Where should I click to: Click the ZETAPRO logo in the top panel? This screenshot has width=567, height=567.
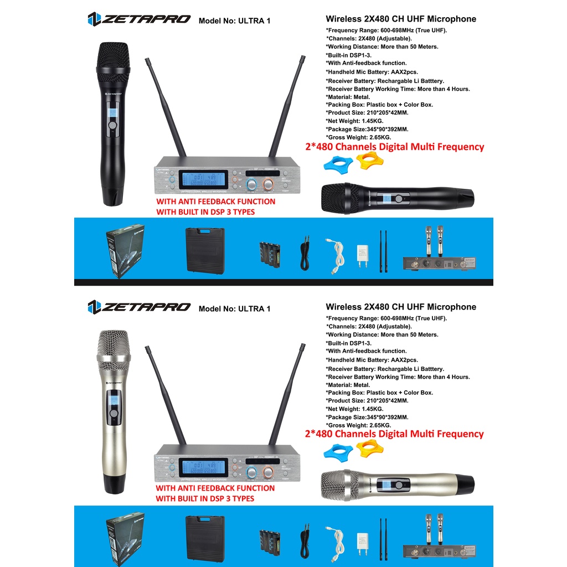click(x=139, y=19)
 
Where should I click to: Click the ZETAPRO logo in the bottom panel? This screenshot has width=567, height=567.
click(x=139, y=307)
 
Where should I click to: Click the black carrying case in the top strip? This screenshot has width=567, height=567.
click(x=205, y=251)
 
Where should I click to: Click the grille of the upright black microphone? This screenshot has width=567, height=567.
click(x=114, y=62)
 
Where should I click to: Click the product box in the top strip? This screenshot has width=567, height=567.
click(x=125, y=251)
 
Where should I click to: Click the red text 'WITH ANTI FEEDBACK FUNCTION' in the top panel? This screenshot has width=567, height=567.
click(x=215, y=202)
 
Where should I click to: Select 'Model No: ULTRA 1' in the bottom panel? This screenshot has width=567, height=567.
click(x=234, y=308)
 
